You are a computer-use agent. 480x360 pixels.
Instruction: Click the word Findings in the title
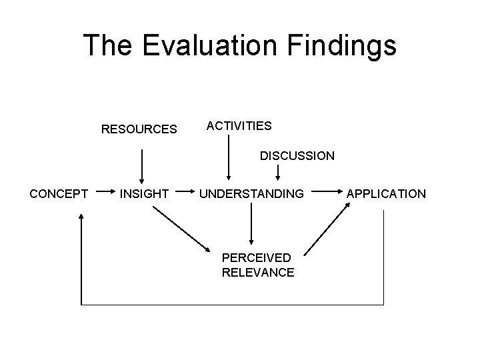[341, 45]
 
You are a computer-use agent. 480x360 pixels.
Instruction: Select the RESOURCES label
[139, 129]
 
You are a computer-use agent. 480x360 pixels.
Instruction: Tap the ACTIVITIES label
[239, 125]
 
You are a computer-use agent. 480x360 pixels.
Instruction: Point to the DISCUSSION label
[297, 156]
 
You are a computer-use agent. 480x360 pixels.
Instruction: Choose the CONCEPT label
[59, 194]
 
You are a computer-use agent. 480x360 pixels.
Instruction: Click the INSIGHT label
[143, 194]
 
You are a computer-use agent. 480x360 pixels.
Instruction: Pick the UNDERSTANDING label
[251, 194]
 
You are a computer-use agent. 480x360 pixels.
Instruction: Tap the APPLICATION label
[385, 194]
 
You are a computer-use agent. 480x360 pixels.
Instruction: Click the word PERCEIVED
[256, 258]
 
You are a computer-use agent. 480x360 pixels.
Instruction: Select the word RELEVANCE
[258, 272]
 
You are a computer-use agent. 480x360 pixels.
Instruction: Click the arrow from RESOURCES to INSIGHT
[141, 163]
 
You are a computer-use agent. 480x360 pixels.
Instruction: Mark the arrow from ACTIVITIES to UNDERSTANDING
[229, 157]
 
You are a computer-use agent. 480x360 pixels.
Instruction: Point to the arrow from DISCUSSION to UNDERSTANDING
[278, 173]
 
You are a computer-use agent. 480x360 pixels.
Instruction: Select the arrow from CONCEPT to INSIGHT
[103, 194]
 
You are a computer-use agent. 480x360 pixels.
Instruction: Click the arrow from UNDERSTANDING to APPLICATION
[326, 194]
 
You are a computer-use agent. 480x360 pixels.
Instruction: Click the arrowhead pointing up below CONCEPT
[81, 217]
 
